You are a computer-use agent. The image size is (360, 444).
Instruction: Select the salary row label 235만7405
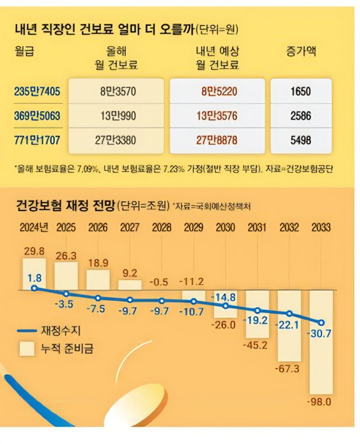tap(37, 91)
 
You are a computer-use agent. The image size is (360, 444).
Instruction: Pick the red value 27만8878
tap(217, 140)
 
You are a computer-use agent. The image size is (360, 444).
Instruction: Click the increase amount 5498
tap(301, 140)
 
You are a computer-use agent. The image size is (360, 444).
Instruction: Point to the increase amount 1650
tap(301, 91)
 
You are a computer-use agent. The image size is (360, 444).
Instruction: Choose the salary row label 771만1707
tap(37, 140)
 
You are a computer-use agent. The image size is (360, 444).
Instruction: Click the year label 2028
tap(161, 228)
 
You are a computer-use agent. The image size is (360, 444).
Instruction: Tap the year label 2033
tap(321, 228)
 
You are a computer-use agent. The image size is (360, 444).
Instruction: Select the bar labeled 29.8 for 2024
tap(34, 274)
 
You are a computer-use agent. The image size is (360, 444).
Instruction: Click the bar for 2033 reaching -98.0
tap(321, 341)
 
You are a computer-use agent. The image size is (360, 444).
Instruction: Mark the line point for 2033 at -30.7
tap(321, 323)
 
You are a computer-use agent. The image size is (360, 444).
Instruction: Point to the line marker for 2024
tap(34, 289)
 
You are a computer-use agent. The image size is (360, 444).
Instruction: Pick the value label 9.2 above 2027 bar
tap(129, 273)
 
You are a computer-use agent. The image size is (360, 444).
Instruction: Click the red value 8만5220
tap(217, 91)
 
